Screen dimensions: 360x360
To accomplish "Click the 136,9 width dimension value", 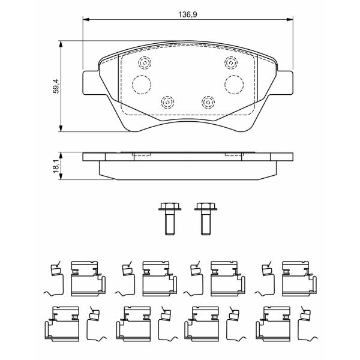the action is (x=188, y=14).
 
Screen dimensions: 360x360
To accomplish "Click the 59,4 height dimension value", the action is (x=56, y=86).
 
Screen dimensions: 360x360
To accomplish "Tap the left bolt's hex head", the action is (x=170, y=206).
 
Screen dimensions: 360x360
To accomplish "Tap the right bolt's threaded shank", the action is (x=206, y=222).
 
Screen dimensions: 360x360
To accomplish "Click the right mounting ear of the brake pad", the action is (x=284, y=83).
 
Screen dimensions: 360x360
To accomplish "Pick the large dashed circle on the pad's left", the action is (x=142, y=85).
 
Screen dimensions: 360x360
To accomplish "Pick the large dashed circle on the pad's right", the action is (x=234, y=85).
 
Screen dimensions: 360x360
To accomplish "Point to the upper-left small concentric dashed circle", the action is (x=145, y=62).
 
